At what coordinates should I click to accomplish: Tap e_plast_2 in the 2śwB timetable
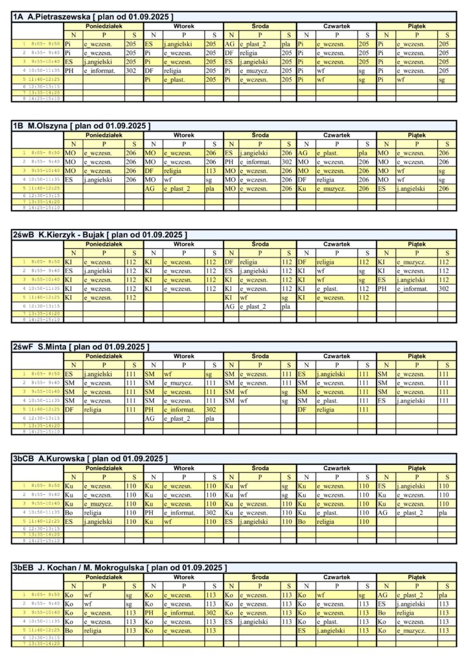point(253,306)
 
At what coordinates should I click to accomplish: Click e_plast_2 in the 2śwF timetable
point(177,418)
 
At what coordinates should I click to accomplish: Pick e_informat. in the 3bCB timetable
point(179,512)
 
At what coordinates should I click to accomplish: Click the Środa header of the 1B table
point(260,135)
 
